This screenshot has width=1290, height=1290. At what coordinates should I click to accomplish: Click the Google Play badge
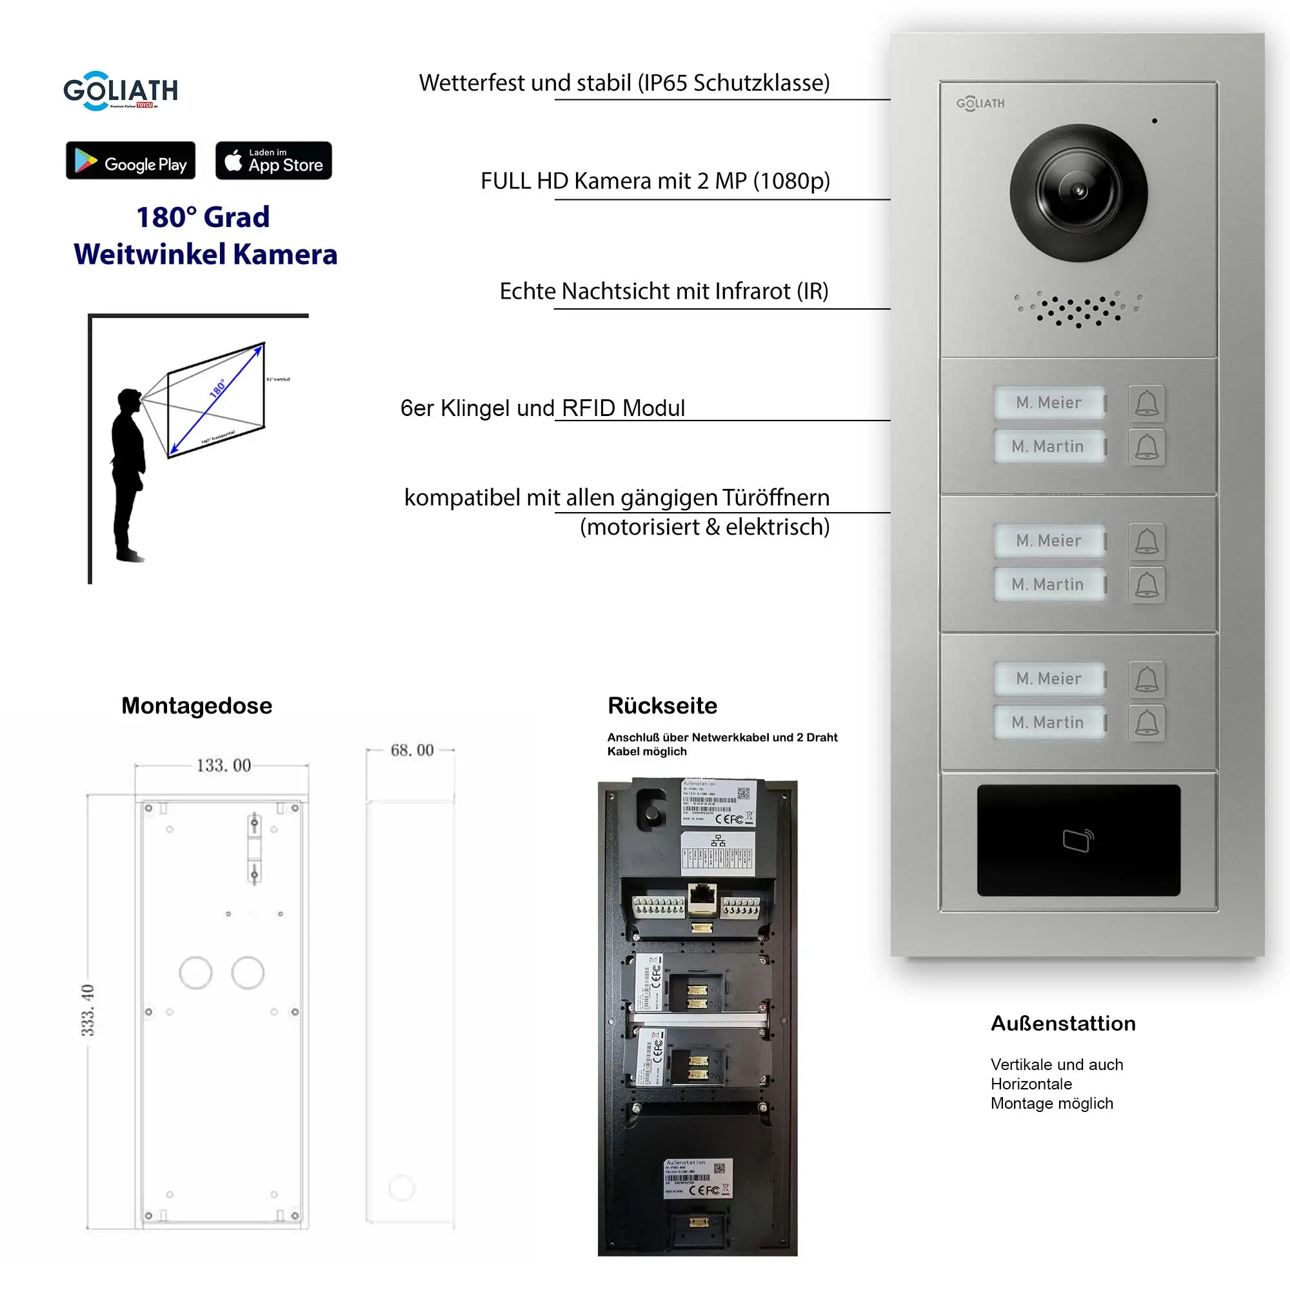[x=130, y=160]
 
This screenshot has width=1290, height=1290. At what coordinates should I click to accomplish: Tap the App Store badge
[x=273, y=160]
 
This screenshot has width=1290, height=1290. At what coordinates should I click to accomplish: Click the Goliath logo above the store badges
[x=120, y=91]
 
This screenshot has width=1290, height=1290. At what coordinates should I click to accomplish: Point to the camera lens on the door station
[x=1078, y=192]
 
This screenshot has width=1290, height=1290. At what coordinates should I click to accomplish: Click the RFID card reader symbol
[x=1078, y=840]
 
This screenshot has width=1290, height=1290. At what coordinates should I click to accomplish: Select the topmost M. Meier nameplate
[x=1048, y=402]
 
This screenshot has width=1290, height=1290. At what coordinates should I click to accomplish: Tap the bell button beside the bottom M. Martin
[x=1146, y=722]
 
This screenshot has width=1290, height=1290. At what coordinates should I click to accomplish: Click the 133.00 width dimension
[x=223, y=765]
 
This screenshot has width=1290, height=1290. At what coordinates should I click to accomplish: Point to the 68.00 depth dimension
[x=412, y=750]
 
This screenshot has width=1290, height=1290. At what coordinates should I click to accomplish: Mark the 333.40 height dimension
[x=88, y=1009]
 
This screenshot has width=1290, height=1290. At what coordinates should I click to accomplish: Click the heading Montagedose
[x=196, y=706]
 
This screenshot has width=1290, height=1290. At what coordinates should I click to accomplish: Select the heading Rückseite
[x=662, y=706]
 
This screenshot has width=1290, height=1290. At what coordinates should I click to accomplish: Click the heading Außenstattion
[x=1062, y=1024]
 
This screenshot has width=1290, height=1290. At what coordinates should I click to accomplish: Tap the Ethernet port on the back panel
[x=702, y=897]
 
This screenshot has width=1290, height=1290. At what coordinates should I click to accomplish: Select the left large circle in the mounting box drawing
[x=195, y=973]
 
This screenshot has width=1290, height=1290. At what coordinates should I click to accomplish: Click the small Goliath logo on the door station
[x=980, y=103]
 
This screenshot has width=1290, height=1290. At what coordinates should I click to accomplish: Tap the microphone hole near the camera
[x=1155, y=121]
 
